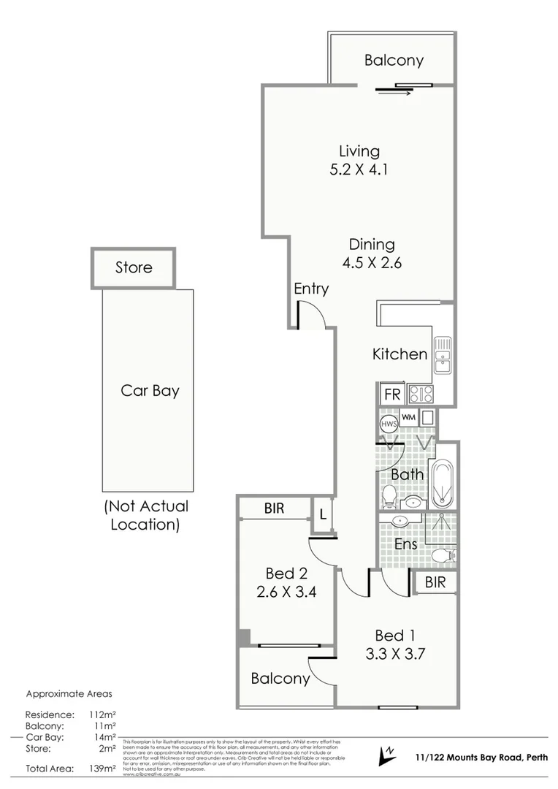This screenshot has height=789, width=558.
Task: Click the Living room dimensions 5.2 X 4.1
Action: tap(359, 170)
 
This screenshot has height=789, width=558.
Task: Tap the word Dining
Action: tap(371, 245)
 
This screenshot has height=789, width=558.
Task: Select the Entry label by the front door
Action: tap(311, 289)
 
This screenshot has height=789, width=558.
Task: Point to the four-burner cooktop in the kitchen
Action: tap(421, 394)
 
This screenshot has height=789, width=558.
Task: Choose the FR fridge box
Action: tap(392, 394)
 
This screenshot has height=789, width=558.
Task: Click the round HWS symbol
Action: tap(388, 423)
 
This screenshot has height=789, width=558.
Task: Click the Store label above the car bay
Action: tap(134, 267)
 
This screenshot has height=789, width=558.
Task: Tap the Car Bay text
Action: tap(150, 391)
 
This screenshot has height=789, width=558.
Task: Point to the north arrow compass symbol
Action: tap(384, 756)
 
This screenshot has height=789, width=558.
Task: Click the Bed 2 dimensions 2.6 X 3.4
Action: tap(286, 592)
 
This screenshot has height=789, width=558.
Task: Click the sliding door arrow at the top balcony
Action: tap(395, 92)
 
